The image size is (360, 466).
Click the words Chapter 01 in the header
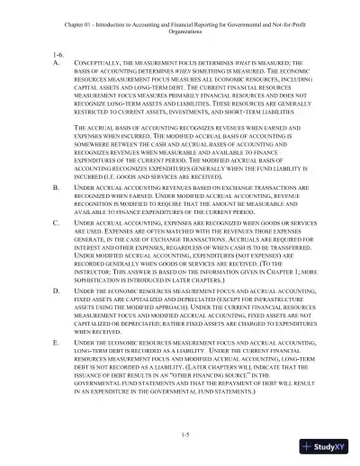pos(82,10)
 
